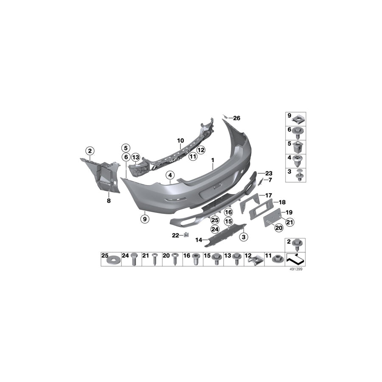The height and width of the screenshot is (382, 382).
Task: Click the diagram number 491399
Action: pyautogui.click(x=296, y=269)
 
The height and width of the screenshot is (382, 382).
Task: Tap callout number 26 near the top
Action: pyautogui.click(x=236, y=118)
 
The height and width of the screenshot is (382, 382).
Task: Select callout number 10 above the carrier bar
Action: pyautogui.click(x=180, y=140)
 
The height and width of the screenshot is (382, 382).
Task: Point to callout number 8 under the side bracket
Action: pyautogui.click(x=109, y=200)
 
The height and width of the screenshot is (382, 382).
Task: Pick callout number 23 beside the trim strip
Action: pyautogui.click(x=268, y=173)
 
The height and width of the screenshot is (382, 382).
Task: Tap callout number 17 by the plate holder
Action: pyautogui.click(x=268, y=195)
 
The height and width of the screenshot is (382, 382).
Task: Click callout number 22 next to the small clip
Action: pyautogui.click(x=175, y=235)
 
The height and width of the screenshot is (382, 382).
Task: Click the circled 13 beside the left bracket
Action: pyautogui.click(x=135, y=157)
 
